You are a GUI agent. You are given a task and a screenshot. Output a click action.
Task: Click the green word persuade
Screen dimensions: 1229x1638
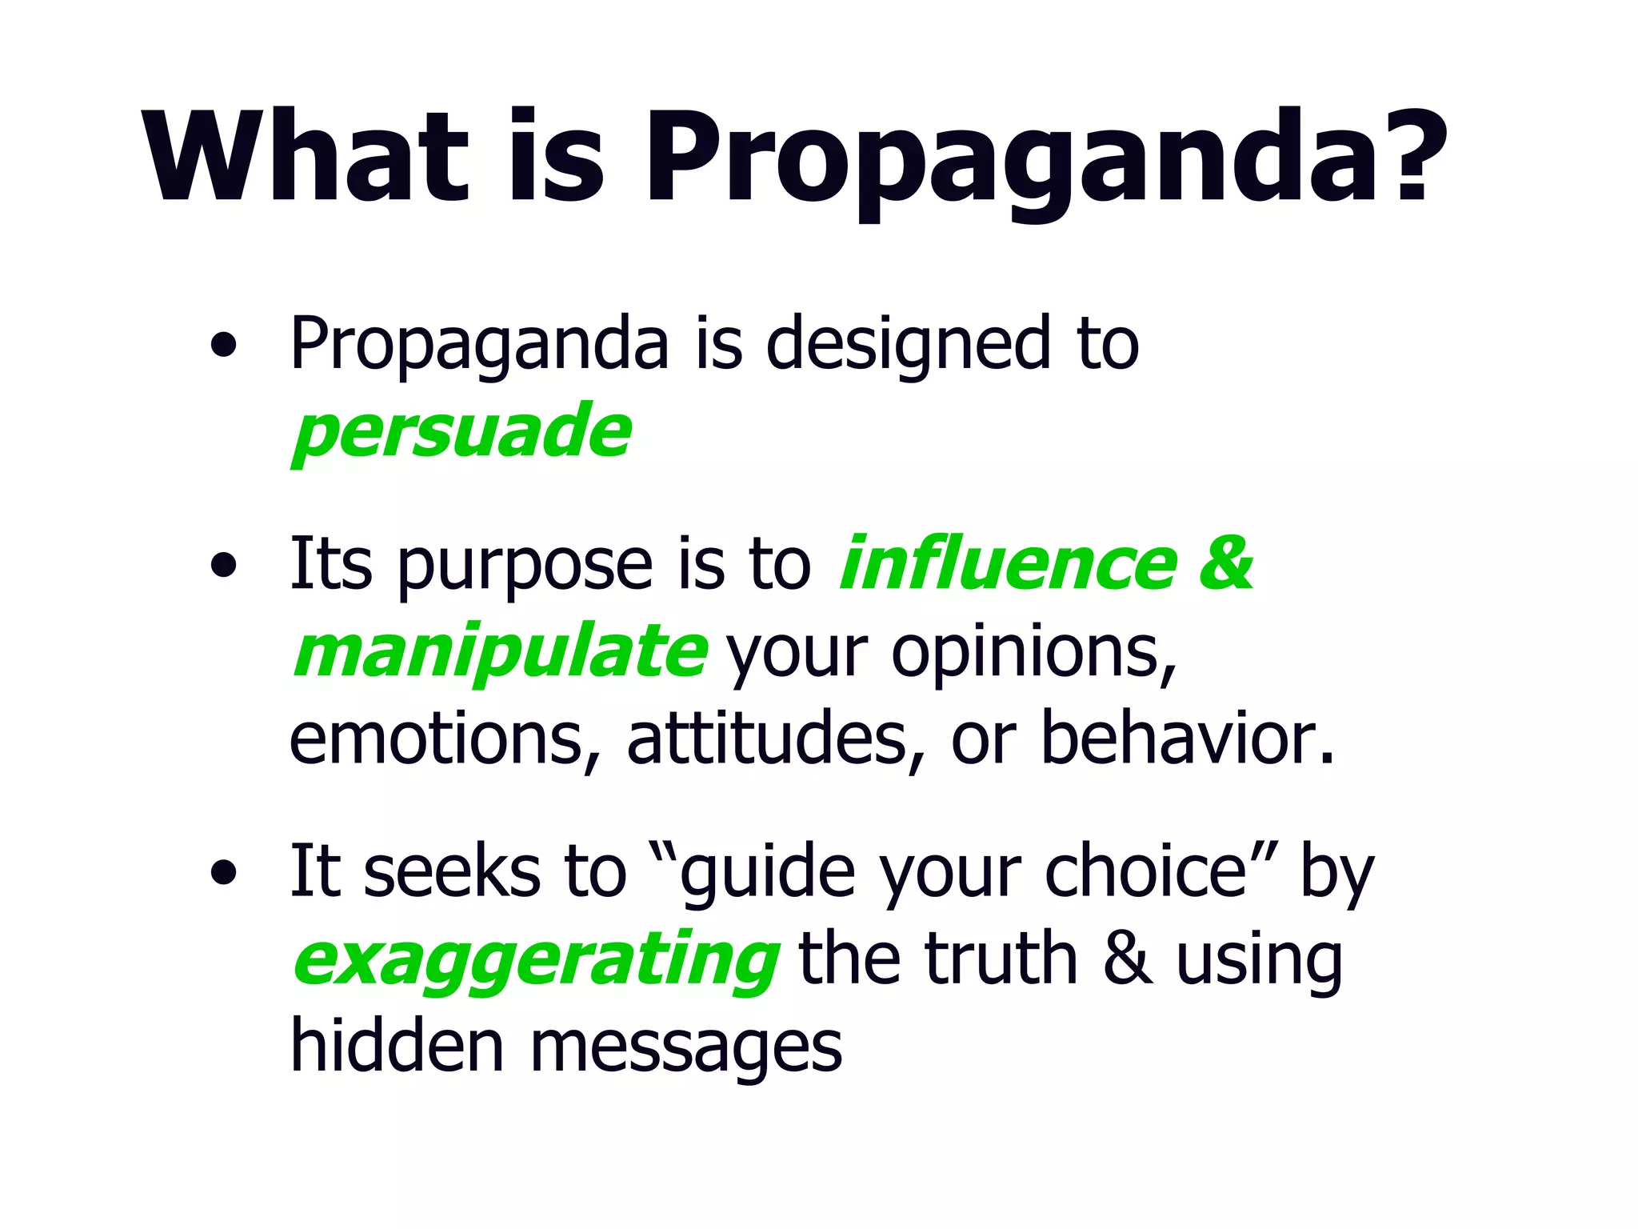tap(462, 432)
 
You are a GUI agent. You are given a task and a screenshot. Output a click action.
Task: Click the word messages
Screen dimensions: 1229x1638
tap(686, 1048)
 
